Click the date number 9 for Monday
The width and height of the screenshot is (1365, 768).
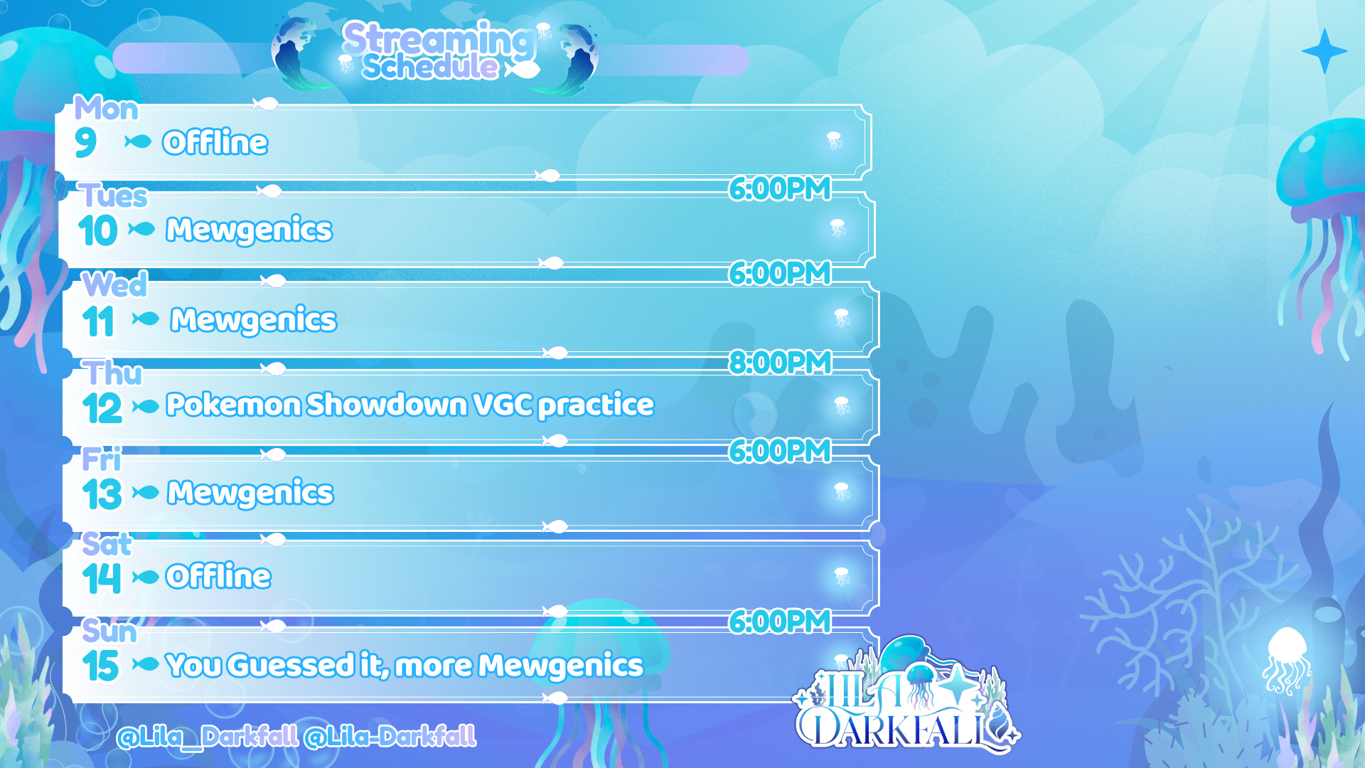tap(85, 142)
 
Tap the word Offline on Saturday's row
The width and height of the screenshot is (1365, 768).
tap(218, 576)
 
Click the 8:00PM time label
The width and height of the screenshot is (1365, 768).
tap(780, 363)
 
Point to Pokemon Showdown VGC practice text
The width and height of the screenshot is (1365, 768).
tap(409, 405)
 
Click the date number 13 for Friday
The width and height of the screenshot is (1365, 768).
tap(102, 494)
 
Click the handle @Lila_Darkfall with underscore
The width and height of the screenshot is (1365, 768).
tap(208, 737)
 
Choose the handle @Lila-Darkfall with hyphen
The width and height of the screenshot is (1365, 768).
tap(390, 737)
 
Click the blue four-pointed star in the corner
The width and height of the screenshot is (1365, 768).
tap(1324, 51)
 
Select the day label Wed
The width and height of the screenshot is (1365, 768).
tap(114, 284)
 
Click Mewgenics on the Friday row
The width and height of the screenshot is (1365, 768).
tap(250, 493)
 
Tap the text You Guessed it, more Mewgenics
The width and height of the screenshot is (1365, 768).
tap(405, 666)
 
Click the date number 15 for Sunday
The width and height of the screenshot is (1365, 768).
tap(101, 666)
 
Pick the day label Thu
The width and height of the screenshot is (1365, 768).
tap(112, 373)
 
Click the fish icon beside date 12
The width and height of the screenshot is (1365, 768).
tap(146, 407)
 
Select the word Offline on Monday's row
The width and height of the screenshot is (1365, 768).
tap(215, 142)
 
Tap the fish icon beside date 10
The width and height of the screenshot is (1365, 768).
tap(141, 229)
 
